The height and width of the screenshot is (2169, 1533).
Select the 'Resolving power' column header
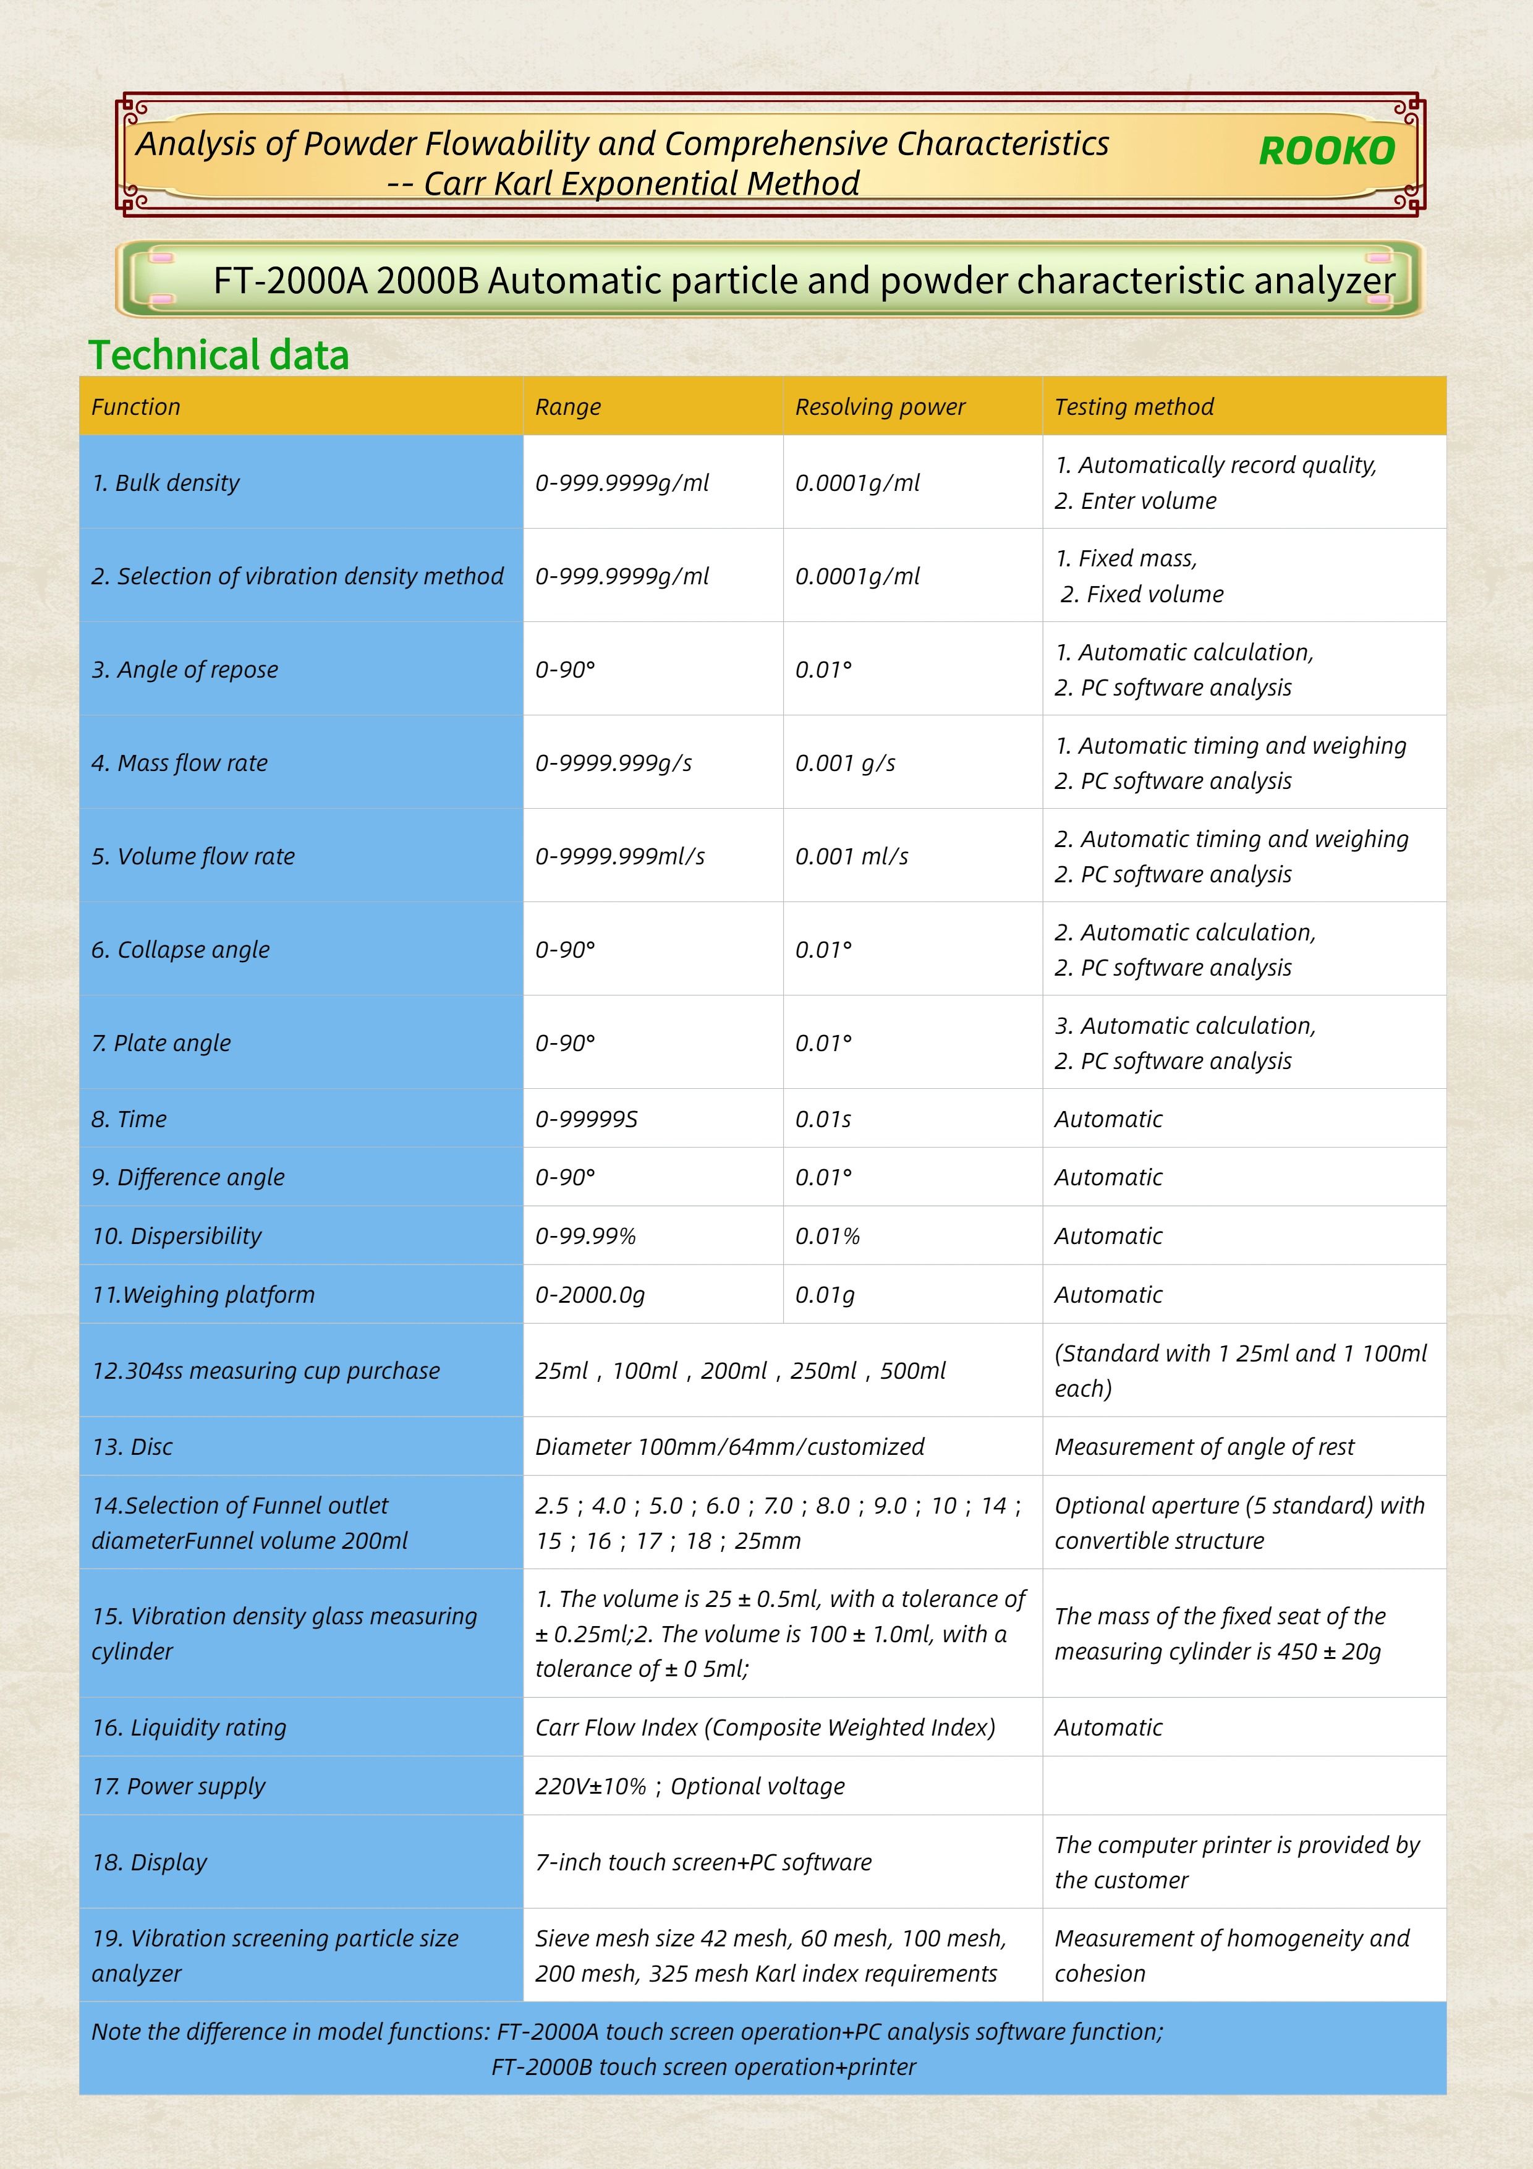point(880,407)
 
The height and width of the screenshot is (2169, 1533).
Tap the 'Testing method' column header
point(1134,407)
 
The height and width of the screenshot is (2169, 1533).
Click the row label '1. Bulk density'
point(165,483)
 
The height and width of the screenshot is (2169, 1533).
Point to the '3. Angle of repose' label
point(184,670)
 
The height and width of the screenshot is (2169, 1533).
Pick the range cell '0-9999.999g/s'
point(613,764)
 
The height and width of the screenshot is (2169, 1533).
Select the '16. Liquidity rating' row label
point(189,1728)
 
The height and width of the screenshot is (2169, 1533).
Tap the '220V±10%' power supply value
point(590,1786)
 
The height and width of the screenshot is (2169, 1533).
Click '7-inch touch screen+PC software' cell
point(703,1862)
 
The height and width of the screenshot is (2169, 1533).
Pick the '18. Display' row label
point(149,1862)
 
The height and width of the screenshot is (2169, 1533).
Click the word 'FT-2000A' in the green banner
point(289,281)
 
